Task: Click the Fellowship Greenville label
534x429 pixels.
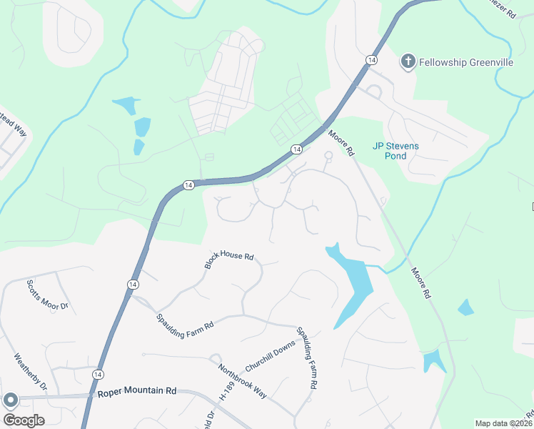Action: (x=466, y=62)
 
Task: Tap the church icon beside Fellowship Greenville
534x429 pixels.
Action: (x=408, y=61)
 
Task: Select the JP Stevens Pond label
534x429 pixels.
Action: (x=396, y=151)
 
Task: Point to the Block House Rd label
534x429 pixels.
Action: (x=229, y=260)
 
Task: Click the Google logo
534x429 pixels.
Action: (x=24, y=420)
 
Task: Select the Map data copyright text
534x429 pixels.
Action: (x=504, y=423)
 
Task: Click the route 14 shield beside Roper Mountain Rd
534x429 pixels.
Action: (x=98, y=374)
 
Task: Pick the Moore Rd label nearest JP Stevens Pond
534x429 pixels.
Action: (x=341, y=142)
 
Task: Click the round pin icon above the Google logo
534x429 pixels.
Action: (x=10, y=400)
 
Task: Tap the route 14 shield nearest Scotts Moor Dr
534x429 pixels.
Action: (x=132, y=285)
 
